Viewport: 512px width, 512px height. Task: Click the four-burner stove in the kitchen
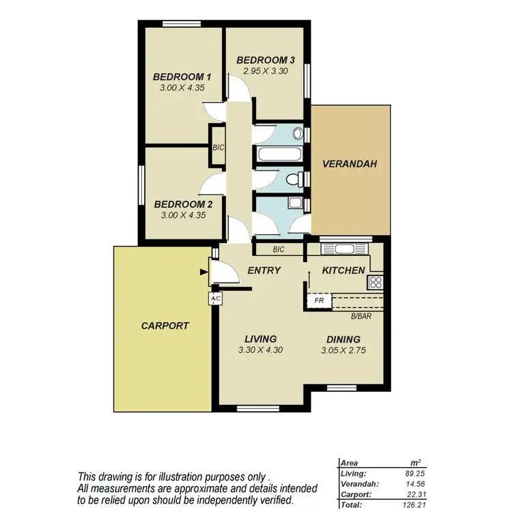(375, 283)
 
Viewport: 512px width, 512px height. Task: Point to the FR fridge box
(318, 300)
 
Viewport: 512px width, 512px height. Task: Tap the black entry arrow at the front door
(203, 272)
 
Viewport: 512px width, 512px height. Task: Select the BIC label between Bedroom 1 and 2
(218, 147)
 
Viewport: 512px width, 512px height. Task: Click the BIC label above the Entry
(278, 250)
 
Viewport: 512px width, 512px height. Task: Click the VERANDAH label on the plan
(350, 164)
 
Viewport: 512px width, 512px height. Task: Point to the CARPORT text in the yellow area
(165, 326)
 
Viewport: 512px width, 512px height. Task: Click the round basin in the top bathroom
(298, 133)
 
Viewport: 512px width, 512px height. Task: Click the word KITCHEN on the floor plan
(343, 270)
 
